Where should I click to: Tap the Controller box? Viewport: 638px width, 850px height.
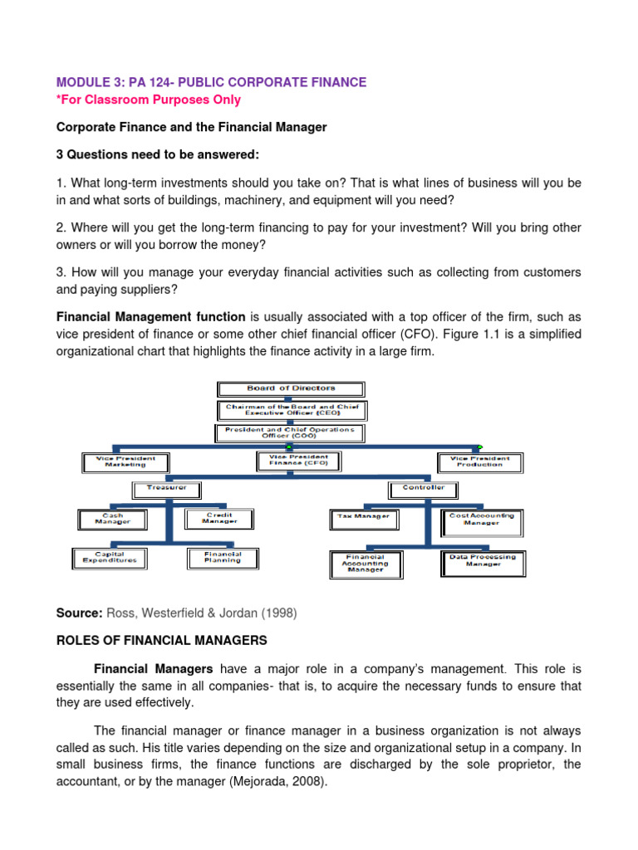[424, 488]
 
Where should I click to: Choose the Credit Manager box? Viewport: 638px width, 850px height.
[219, 519]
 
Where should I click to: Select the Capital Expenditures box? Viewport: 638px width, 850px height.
[109, 558]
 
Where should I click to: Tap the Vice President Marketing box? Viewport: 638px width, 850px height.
[125, 462]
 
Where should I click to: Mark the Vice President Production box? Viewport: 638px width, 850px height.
[479, 462]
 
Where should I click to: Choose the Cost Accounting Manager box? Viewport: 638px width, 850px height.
[481, 519]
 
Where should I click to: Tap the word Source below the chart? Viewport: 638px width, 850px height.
[77, 613]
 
